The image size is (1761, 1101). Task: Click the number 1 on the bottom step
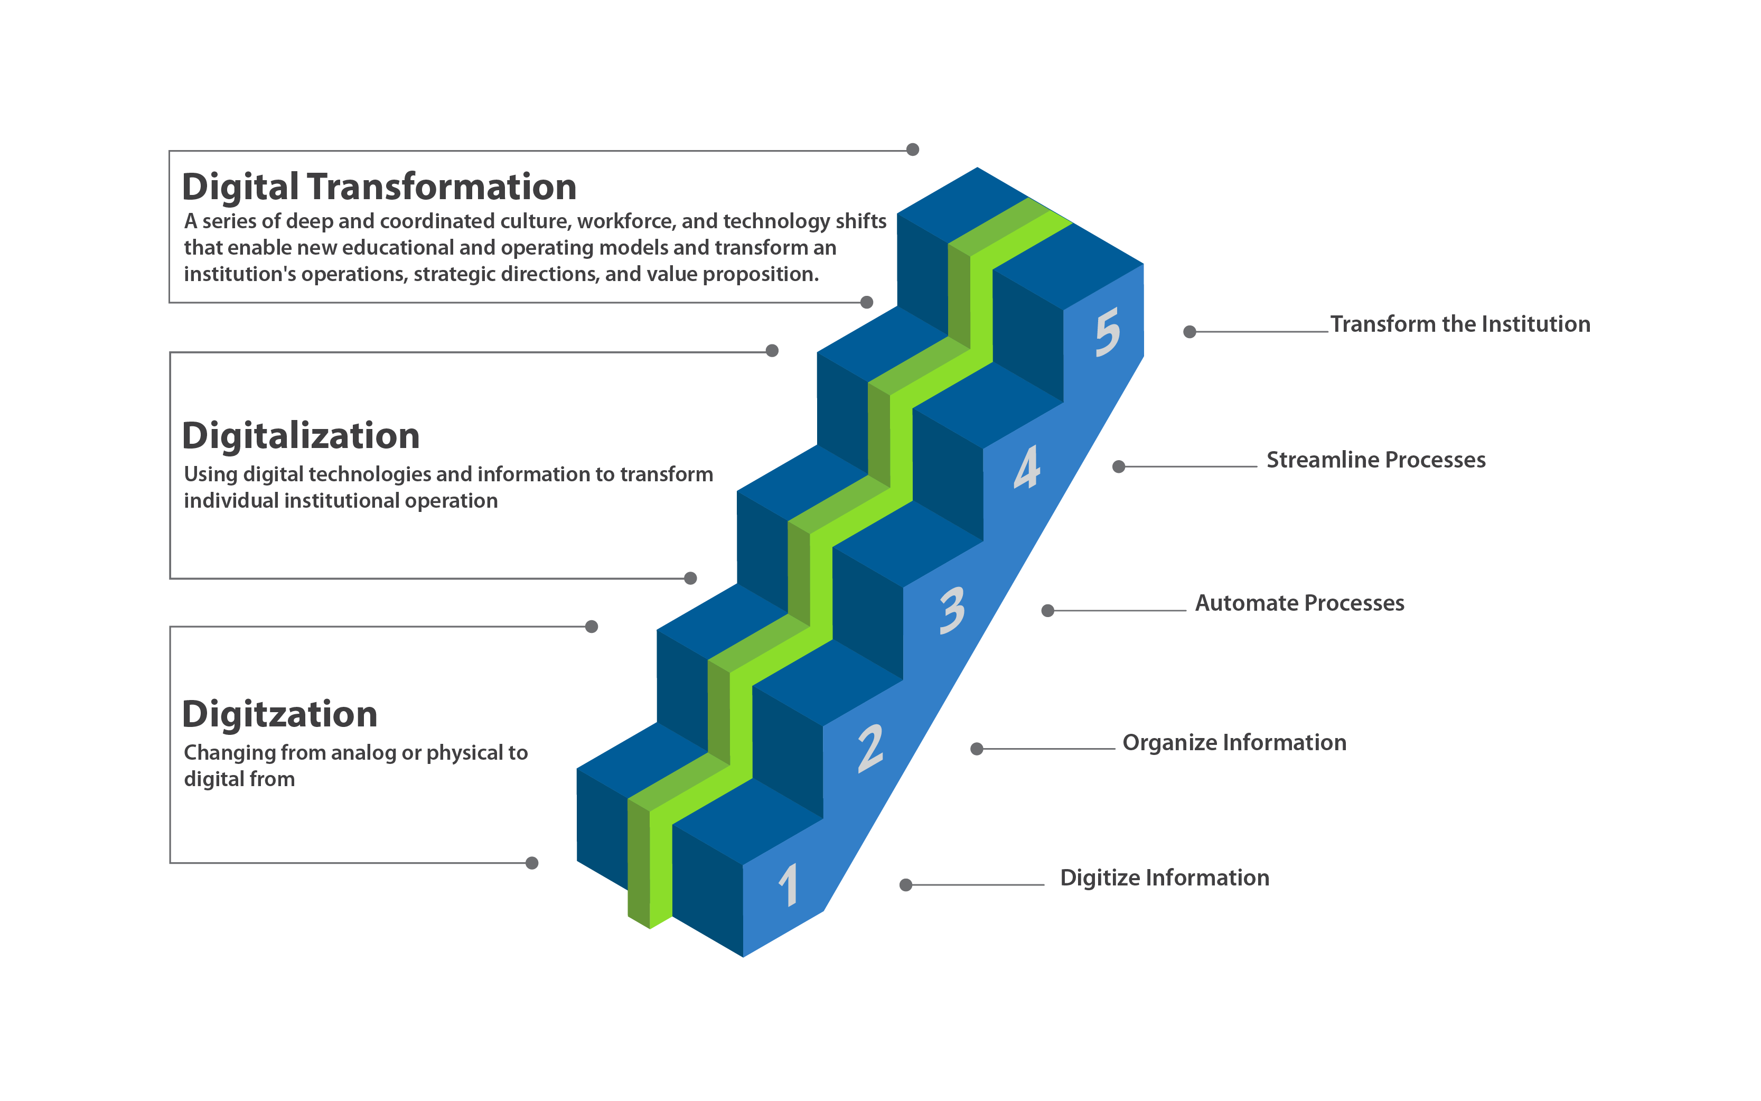coord(789,885)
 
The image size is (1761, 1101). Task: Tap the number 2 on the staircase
coord(870,748)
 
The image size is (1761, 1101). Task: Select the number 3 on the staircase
coord(951,610)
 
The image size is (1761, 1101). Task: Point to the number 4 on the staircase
coord(1027,468)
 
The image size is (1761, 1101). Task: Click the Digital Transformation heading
coord(379,187)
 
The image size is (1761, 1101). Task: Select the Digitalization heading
coord(301,436)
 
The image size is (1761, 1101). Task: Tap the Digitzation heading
coord(279,714)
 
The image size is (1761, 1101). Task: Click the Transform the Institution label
coord(1459,324)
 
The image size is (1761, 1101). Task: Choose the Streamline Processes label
coord(1375,460)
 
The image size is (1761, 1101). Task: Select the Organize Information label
coord(1234,743)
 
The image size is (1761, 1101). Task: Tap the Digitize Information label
coord(1164,878)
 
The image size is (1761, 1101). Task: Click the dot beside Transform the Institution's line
coord(1189,332)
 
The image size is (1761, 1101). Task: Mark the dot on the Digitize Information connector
coord(906,885)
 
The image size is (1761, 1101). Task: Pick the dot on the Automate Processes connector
coord(1047,611)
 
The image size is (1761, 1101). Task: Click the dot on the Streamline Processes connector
coord(1119,466)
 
